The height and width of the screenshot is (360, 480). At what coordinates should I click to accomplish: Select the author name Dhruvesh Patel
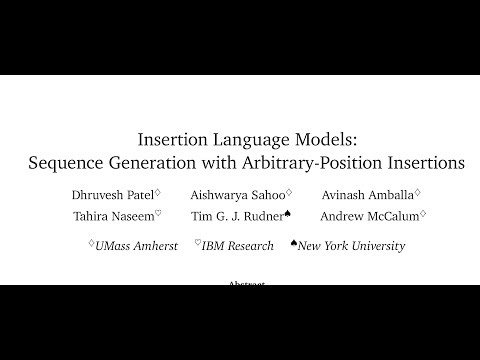click(x=111, y=193)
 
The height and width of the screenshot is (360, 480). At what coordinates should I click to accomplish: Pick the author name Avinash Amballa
click(x=366, y=193)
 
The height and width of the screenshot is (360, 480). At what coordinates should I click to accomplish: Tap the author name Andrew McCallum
click(x=371, y=215)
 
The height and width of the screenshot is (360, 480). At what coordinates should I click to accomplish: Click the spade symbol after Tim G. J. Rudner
click(x=288, y=211)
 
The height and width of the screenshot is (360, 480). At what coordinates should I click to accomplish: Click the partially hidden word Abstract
click(x=240, y=283)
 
